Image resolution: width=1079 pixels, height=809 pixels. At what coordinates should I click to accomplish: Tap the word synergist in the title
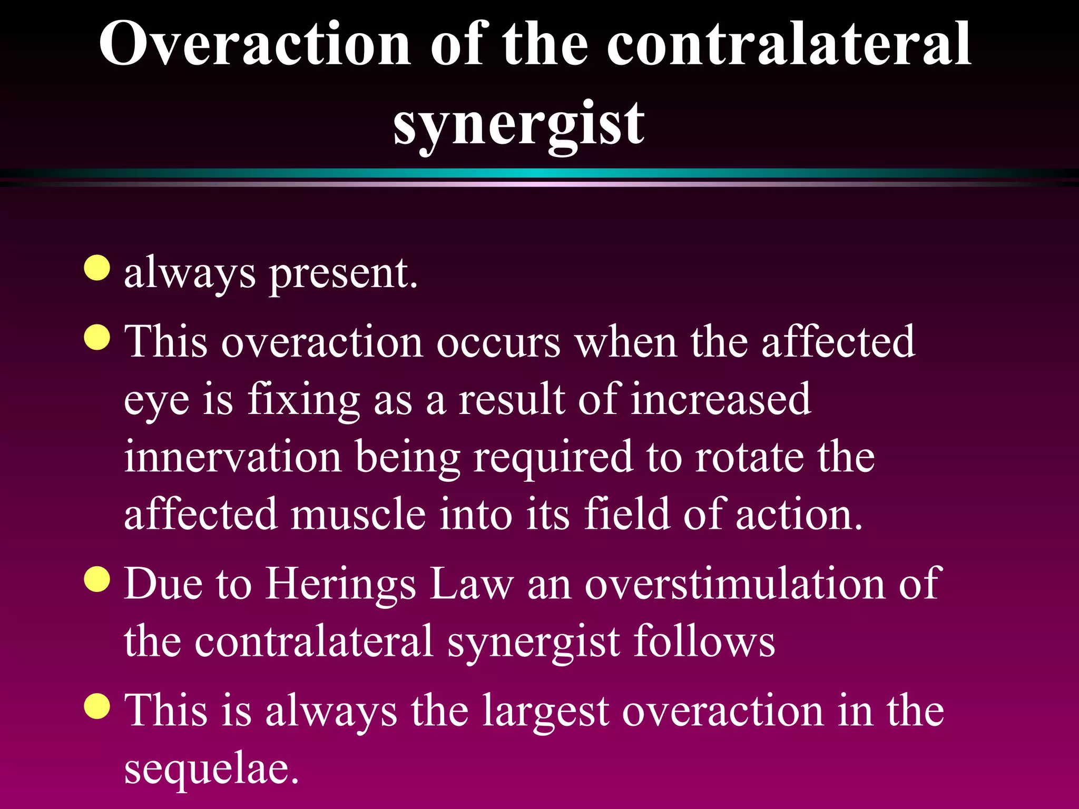coord(518,124)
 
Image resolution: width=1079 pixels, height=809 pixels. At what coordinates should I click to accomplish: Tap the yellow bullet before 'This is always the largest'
coord(97,706)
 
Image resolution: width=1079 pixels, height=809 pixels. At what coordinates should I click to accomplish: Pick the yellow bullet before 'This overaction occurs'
coord(97,337)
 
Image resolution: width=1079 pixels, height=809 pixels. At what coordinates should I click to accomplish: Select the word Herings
coord(340,585)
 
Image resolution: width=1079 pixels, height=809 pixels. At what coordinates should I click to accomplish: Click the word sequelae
coord(211,769)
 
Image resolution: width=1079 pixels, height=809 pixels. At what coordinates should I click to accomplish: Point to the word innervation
coord(233,457)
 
